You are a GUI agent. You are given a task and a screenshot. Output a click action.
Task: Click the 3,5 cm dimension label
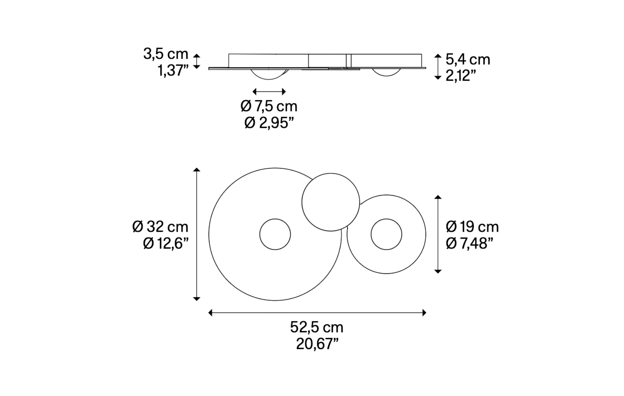pyautogui.click(x=166, y=54)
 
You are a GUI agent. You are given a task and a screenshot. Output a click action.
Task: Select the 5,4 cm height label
pyautogui.click(x=468, y=59)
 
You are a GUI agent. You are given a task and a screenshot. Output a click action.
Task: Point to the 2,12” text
pyautogui.click(x=461, y=76)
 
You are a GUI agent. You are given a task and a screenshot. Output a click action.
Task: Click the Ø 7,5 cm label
pyautogui.click(x=269, y=106)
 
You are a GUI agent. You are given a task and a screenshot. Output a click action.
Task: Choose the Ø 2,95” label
pyautogui.click(x=269, y=123)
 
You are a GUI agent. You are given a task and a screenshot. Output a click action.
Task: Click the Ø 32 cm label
pyautogui.click(x=160, y=227)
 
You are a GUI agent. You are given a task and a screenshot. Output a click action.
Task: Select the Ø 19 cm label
pyautogui.click(x=472, y=227)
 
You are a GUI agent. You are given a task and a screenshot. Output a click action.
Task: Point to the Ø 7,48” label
pyautogui.click(x=469, y=243)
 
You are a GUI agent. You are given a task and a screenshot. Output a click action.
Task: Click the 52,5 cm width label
pyautogui.click(x=316, y=327)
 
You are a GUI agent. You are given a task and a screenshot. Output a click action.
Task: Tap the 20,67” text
pyautogui.click(x=317, y=344)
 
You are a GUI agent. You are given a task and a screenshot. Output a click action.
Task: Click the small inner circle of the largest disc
pyautogui.click(x=275, y=234)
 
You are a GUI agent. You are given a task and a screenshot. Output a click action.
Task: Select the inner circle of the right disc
pyautogui.click(x=386, y=234)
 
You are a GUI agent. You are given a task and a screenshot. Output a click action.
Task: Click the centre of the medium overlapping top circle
pyautogui.click(x=331, y=202)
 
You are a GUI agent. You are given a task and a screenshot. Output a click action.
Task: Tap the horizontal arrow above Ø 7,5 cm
pyautogui.click(x=269, y=91)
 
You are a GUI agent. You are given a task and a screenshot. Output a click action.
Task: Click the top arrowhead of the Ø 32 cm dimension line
pyautogui.click(x=197, y=170)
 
